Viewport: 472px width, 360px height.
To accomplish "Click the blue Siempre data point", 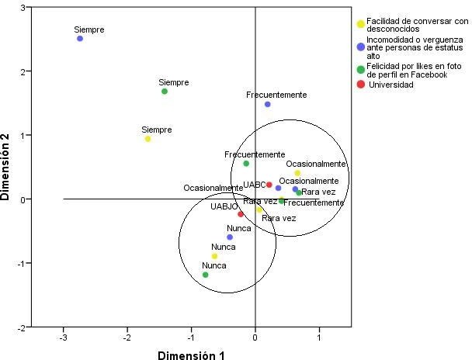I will tap(80, 38).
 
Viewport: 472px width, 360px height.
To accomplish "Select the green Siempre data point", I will tap(165, 92).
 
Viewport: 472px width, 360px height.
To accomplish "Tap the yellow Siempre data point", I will tap(147, 139).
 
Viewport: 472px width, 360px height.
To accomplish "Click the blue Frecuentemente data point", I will tap(268, 104).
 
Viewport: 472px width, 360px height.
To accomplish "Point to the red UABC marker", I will tap(269, 185).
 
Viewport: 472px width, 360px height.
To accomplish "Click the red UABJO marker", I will tap(241, 214).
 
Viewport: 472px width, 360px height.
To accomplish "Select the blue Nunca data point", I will tap(230, 237).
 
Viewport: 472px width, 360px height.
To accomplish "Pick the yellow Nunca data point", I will tap(215, 256).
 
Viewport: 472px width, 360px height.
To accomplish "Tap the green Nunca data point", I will tap(206, 275).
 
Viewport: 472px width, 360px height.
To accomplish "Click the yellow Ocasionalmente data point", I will tap(297, 173).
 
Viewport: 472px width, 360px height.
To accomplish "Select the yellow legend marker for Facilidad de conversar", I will tap(361, 24).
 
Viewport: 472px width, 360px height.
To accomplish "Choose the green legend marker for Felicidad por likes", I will tap(361, 69).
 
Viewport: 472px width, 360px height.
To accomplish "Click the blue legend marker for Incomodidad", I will tap(361, 47).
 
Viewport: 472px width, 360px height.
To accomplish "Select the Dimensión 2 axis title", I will tap(7, 167).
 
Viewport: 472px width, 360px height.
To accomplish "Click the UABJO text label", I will tap(223, 207).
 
